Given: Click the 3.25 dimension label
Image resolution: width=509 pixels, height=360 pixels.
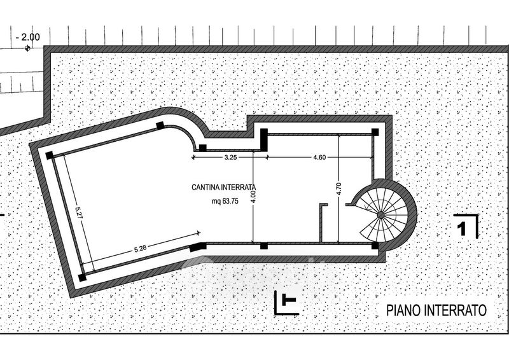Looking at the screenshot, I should coord(231,156).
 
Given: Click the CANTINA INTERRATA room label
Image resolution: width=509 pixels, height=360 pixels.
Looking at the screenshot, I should coord(223,188).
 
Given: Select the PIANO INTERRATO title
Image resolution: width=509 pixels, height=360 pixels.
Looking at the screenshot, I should coord(436,310).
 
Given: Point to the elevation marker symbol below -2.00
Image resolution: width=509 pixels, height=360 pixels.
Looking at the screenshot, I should coord(27,48).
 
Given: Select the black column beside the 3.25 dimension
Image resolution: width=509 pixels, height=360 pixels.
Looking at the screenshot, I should coord(202,148).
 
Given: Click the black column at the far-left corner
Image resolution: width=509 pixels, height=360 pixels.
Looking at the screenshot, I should coord(49,155).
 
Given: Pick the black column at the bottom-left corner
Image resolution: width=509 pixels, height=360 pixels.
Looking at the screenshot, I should coord(83,277).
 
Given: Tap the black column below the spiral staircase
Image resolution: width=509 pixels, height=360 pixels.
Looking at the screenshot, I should coord(375,246).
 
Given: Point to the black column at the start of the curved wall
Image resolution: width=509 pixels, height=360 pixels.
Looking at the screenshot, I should coord(161,125).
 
